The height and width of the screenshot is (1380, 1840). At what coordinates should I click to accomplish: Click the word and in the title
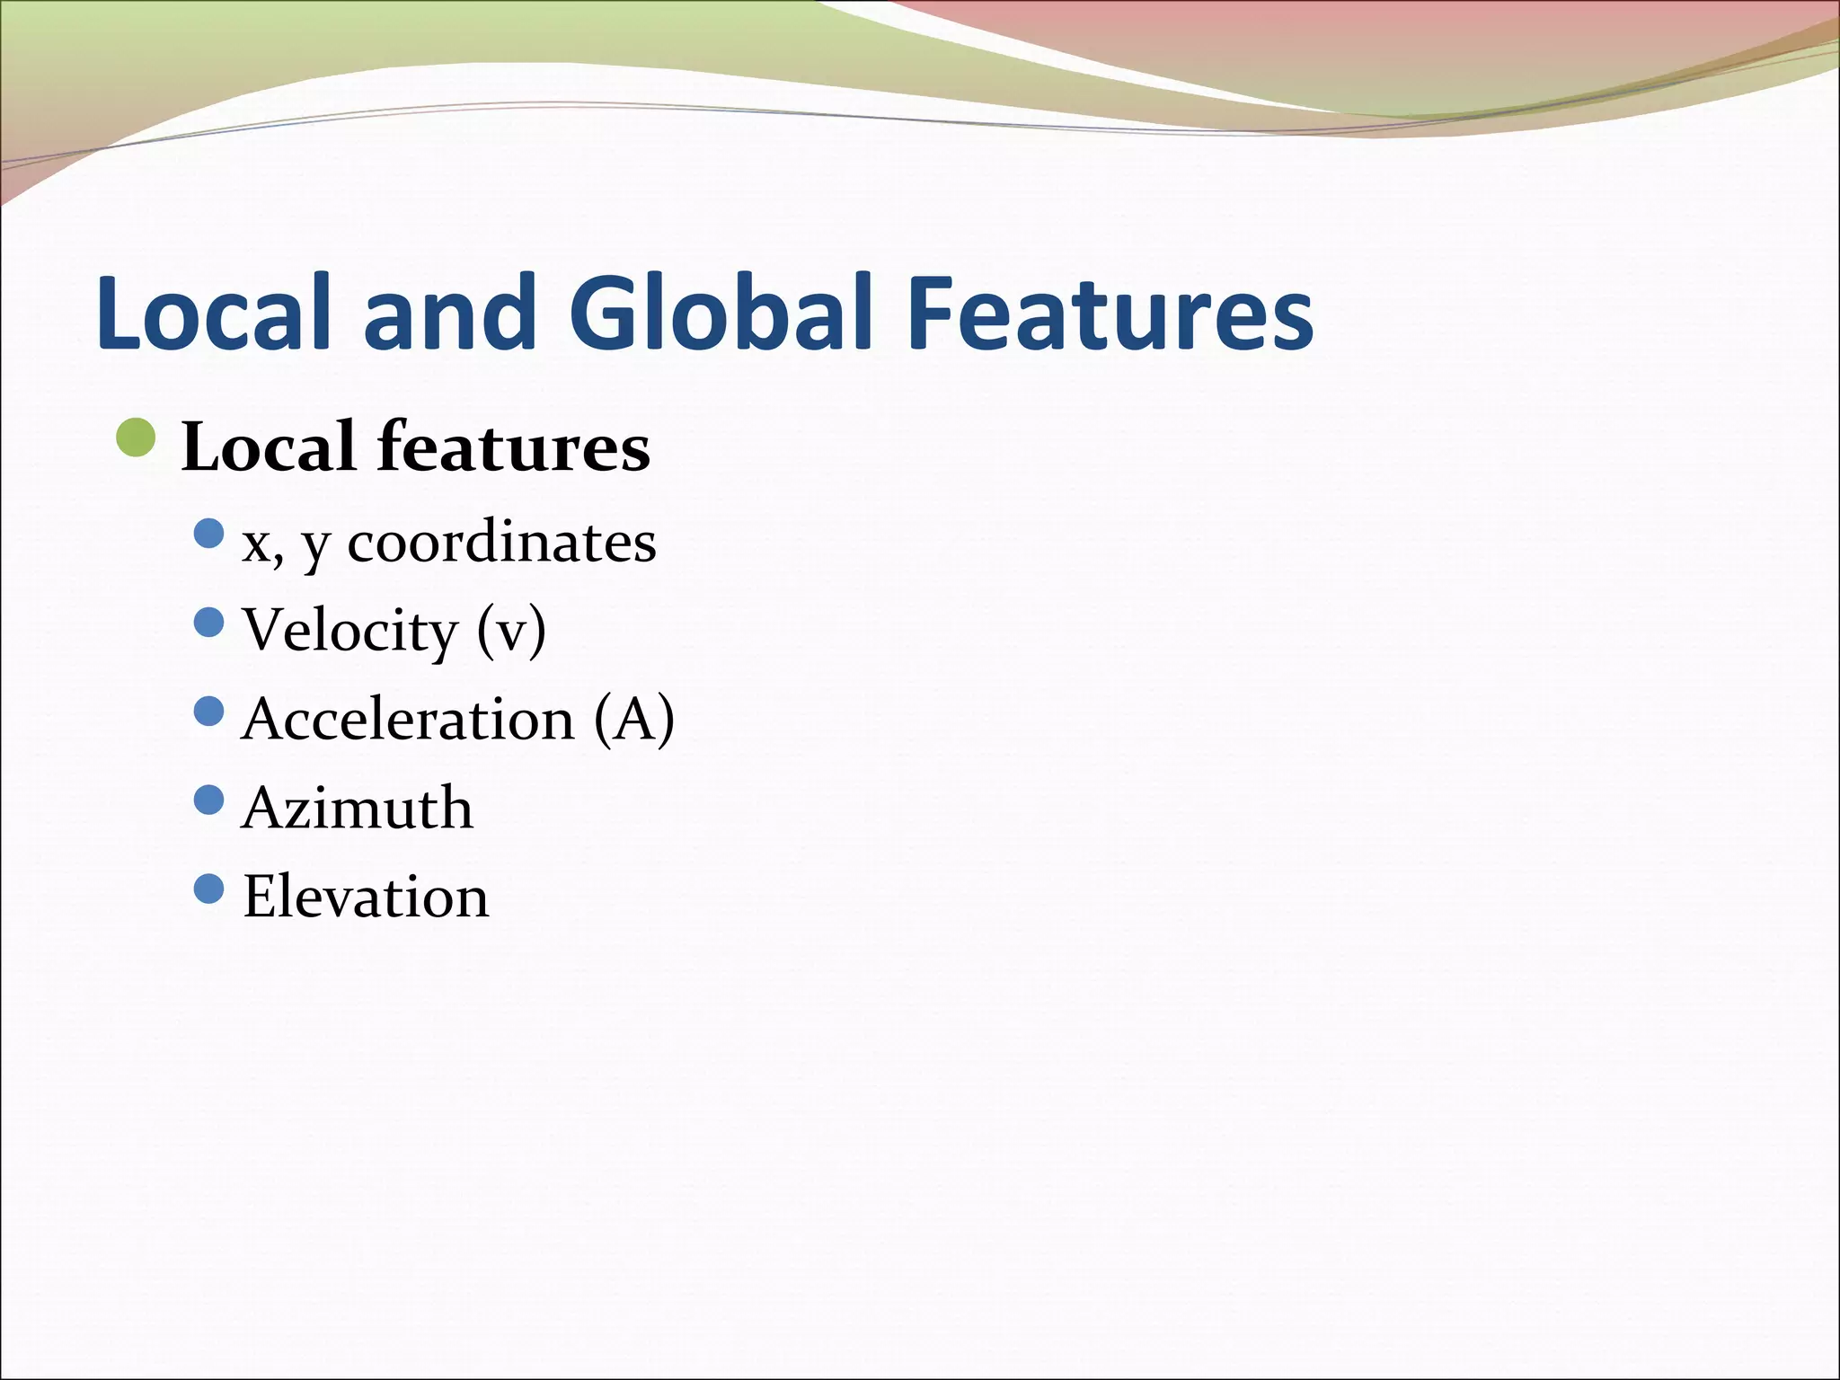(x=449, y=312)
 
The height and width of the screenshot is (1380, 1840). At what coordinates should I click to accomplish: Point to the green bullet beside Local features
(x=137, y=438)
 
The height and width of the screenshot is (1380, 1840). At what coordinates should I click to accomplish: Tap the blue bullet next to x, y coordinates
(x=208, y=534)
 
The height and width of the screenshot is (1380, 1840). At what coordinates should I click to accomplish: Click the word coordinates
(x=501, y=543)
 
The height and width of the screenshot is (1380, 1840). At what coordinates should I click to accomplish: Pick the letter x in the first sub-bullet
(x=256, y=544)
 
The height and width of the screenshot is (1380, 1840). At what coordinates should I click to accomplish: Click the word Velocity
(x=350, y=631)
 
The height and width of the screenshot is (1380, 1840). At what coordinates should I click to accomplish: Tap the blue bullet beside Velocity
(x=208, y=622)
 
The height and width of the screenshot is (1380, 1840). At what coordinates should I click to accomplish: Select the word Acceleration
(x=408, y=720)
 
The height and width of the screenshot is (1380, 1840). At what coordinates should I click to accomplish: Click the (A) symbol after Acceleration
(x=634, y=720)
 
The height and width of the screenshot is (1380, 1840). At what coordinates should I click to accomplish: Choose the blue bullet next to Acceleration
(x=208, y=711)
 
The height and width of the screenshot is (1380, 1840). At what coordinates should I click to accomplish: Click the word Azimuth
(x=358, y=808)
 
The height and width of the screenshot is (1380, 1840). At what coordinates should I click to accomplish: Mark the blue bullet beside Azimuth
(x=208, y=800)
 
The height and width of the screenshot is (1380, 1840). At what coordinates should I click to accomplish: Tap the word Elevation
(x=366, y=897)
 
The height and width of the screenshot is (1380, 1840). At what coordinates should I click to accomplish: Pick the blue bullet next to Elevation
(x=208, y=889)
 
